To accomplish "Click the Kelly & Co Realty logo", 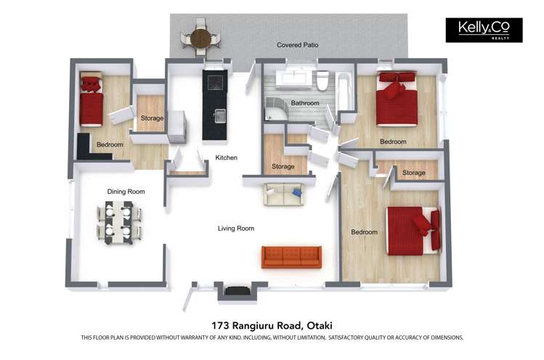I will point(484,30).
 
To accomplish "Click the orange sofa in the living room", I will point(291,256).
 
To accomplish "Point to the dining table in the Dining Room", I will point(119,222).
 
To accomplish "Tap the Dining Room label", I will point(126,192).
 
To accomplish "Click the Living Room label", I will point(236,229).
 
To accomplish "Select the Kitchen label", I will point(227,157).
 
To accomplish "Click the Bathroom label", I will point(305,103).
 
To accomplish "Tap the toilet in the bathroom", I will point(322,81).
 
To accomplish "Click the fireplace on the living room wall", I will point(236,290).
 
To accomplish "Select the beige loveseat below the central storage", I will point(283,194).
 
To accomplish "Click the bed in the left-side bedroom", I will point(92,102).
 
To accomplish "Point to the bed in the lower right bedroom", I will point(413,230).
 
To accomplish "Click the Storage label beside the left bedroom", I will point(152,118).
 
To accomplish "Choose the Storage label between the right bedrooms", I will point(413,173).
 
